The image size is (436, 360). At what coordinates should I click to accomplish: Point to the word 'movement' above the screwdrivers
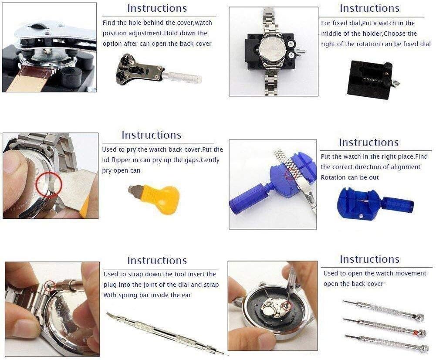(x=412, y=273)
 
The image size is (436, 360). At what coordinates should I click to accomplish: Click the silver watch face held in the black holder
(x=273, y=50)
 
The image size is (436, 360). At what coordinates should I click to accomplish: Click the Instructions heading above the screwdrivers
(x=369, y=259)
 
